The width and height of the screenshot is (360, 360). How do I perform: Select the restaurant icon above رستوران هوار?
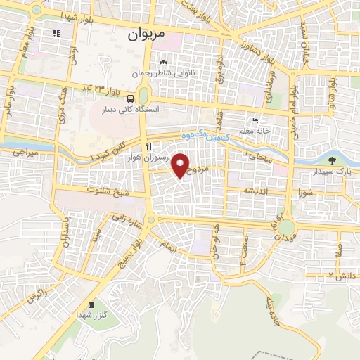(149, 146)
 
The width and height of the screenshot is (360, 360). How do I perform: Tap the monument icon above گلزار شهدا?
(92, 305)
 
